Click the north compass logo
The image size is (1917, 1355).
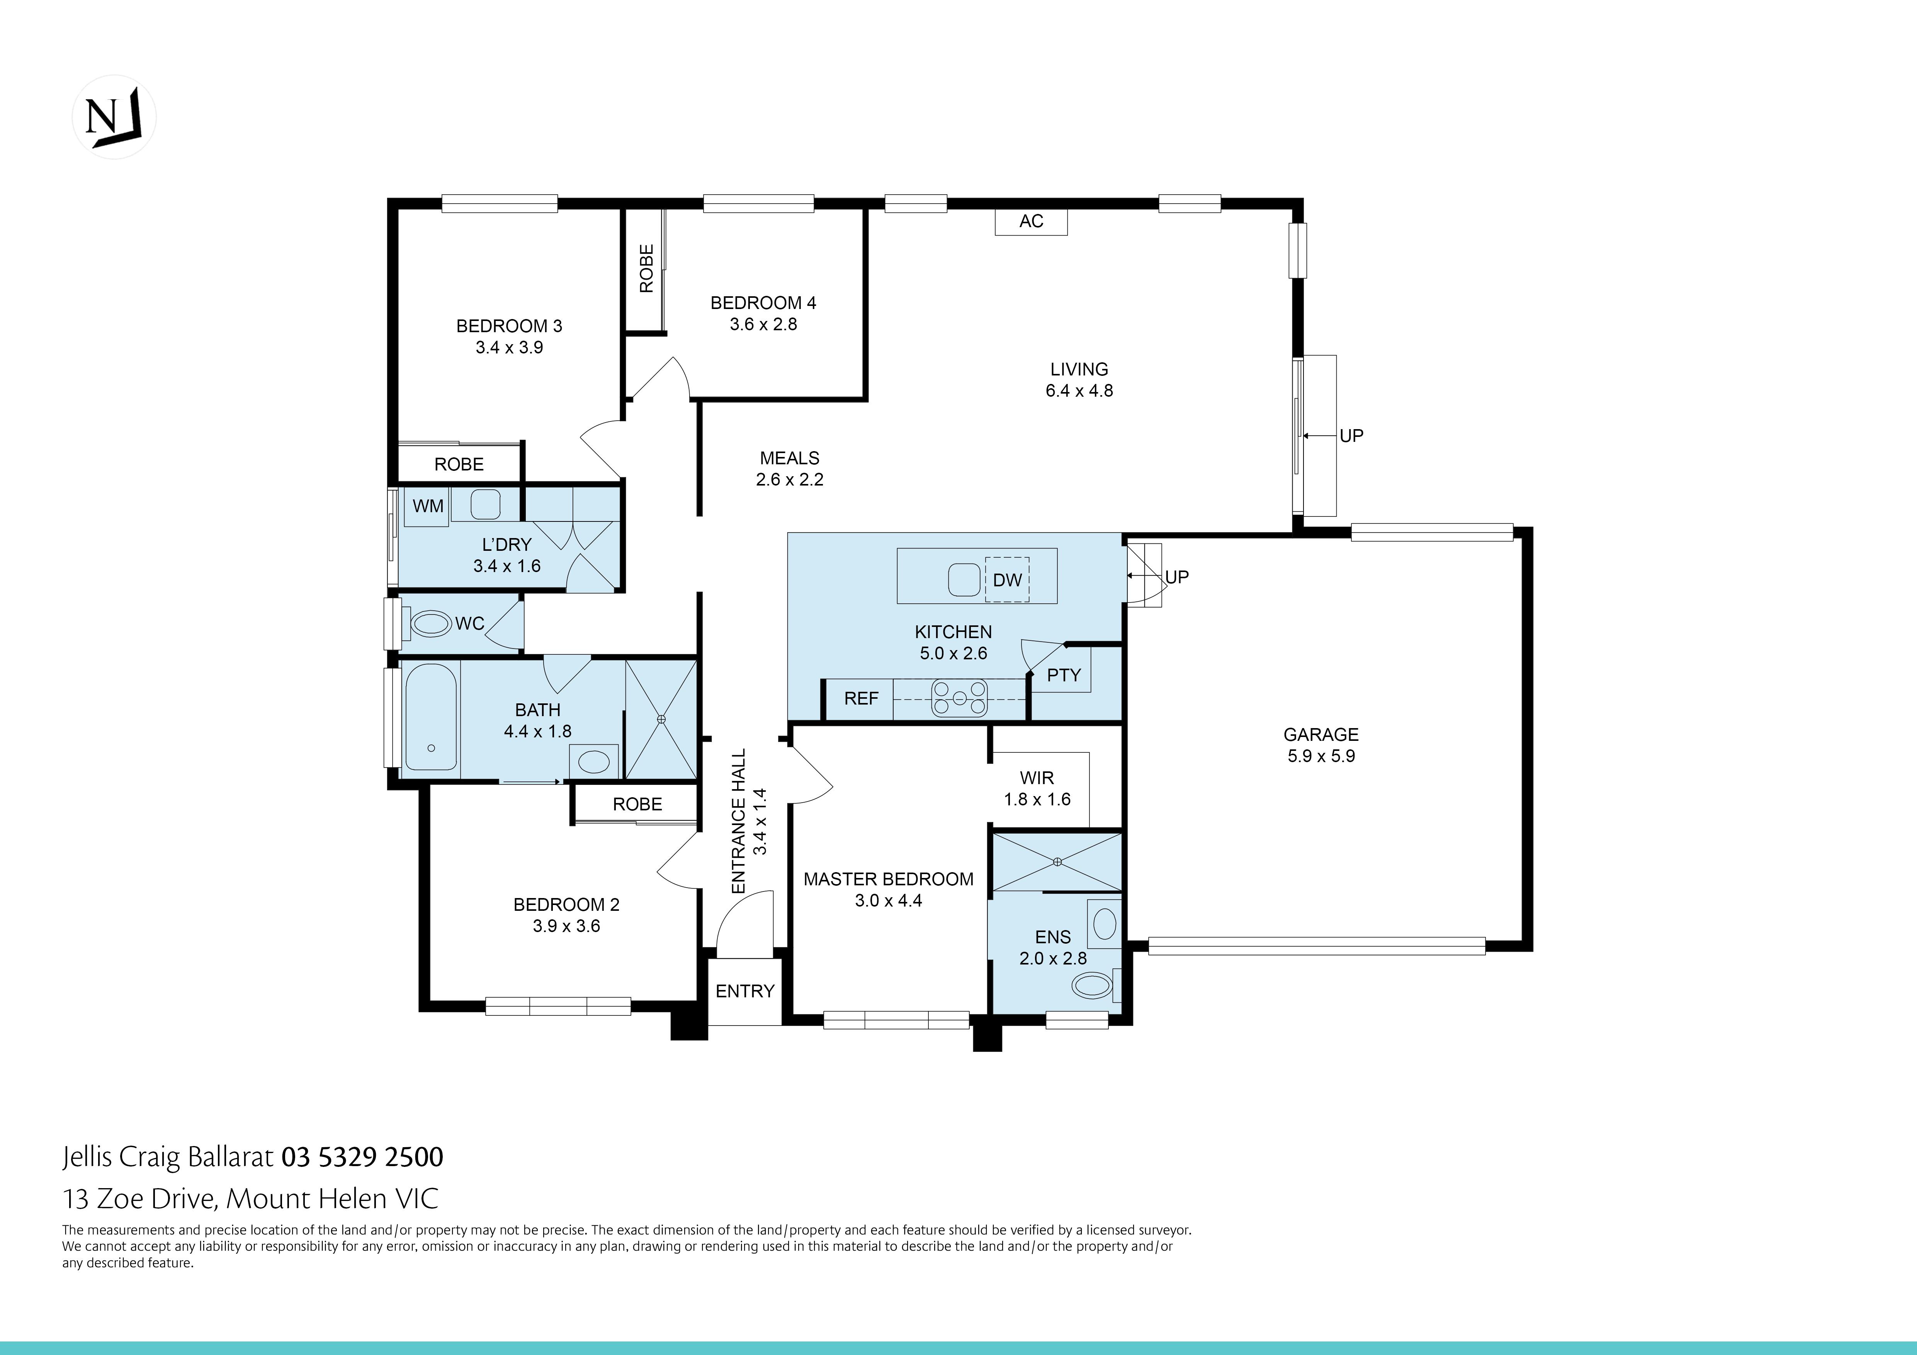click(x=114, y=117)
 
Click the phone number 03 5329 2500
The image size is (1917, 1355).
click(x=362, y=1157)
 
